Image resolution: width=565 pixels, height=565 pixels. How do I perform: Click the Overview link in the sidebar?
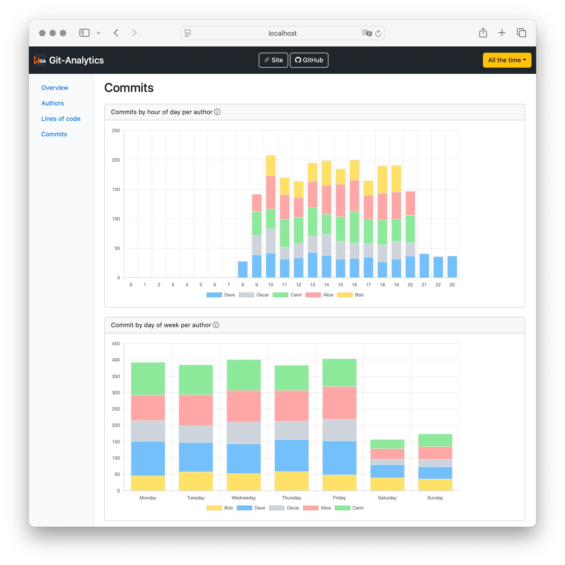[x=55, y=88]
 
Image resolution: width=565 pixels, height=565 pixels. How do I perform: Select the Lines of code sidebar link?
[x=61, y=119]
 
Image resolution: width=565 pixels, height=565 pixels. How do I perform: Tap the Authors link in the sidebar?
[x=53, y=103]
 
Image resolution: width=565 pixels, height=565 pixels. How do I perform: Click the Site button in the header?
[x=273, y=60]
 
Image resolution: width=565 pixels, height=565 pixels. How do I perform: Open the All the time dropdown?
[x=507, y=60]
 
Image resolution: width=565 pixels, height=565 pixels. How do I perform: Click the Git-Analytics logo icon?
[x=40, y=60]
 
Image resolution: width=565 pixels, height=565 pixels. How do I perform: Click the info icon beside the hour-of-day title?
[x=217, y=112]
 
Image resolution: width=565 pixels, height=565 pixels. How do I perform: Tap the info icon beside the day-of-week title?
[x=216, y=325]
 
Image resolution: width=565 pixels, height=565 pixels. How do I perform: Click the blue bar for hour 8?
[x=243, y=269]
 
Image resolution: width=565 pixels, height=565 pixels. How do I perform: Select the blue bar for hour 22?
[x=438, y=267]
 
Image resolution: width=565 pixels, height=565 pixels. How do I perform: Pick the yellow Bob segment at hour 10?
[x=271, y=166]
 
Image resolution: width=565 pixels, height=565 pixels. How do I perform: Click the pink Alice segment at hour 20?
[x=410, y=203]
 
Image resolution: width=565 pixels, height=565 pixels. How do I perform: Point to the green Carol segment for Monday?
[x=148, y=379]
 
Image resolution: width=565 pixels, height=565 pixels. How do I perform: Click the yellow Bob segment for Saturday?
[x=387, y=484]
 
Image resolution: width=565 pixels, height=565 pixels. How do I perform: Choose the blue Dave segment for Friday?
[x=339, y=458]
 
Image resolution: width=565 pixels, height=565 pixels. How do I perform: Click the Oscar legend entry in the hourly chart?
[x=254, y=295]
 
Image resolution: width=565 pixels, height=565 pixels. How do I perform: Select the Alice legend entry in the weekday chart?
[x=317, y=508]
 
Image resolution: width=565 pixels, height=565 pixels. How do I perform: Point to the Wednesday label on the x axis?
[x=244, y=498]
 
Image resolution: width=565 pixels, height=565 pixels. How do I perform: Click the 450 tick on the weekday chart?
[x=116, y=343]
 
